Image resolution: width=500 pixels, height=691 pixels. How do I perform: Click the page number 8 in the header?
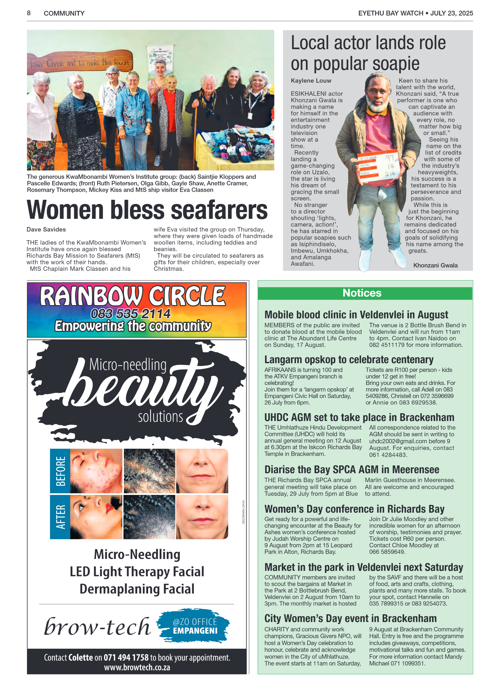point(29,13)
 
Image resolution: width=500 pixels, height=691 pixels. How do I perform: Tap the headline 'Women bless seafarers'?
point(147,210)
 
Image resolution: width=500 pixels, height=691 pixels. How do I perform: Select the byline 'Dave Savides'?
point(46,230)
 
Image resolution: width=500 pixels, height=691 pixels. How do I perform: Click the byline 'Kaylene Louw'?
point(311,81)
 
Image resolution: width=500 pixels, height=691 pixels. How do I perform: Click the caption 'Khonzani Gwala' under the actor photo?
point(435,265)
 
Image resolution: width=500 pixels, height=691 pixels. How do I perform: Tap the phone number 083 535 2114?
point(130,314)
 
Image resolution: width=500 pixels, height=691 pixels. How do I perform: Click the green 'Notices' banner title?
point(362,293)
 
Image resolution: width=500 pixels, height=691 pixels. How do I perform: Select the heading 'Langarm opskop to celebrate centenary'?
point(349,360)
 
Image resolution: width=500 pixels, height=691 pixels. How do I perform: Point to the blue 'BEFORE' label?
point(60,471)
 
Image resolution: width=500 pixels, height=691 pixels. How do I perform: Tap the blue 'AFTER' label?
point(60,517)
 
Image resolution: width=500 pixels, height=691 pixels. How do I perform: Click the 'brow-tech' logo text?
point(97,627)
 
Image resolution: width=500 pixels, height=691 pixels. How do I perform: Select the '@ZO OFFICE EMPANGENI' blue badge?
point(195,626)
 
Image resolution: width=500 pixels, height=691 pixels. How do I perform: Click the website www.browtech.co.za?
point(137,667)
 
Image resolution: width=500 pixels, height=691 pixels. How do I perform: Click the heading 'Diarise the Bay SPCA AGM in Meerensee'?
point(352,469)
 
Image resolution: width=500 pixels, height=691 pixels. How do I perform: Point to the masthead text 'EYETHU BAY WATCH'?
point(391,13)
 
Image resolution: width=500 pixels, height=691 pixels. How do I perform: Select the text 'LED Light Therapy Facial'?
point(137,572)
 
